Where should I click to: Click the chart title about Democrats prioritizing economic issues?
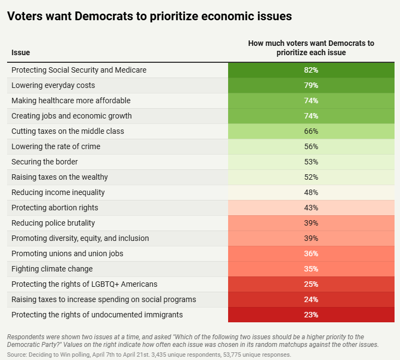(x=149, y=16)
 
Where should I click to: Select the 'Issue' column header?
(x=21, y=52)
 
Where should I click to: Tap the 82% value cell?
(x=311, y=70)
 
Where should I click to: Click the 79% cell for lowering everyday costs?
(x=311, y=85)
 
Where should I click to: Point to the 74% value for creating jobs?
(x=311, y=116)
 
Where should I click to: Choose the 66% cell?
(x=311, y=131)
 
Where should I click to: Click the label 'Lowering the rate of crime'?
(x=56, y=146)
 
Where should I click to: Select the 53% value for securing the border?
(x=311, y=162)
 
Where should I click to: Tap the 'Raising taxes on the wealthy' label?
(x=59, y=177)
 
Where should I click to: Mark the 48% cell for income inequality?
(x=311, y=192)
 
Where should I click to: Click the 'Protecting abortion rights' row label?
(x=55, y=208)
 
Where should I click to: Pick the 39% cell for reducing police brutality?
(x=311, y=223)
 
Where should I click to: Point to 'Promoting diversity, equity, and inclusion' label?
(x=80, y=238)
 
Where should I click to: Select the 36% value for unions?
(x=311, y=253)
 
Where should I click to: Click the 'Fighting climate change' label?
(x=52, y=269)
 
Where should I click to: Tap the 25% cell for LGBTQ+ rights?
(x=311, y=284)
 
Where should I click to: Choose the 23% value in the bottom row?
(x=311, y=315)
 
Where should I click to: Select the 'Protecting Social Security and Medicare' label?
(x=79, y=70)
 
